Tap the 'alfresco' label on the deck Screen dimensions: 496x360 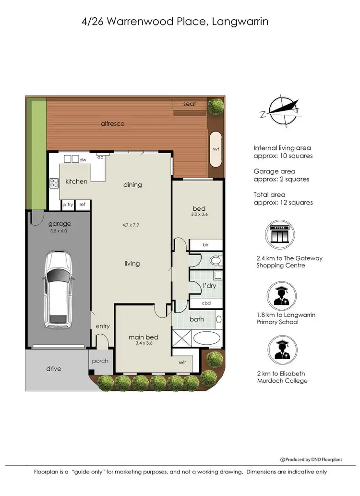click(112, 123)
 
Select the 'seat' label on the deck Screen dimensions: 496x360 click(190, 104)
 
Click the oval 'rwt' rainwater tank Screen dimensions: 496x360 click(216, 149)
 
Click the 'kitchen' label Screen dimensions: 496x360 click(76, 181)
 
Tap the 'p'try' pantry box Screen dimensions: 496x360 click(68, 204)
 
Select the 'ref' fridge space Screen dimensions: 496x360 click(82, 204)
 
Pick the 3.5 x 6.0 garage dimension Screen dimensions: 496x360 click(60, 231)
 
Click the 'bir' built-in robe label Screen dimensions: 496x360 click(205, 245)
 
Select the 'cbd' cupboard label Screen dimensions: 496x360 click(206, 303)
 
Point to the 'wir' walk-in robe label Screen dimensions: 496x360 click(182, 363)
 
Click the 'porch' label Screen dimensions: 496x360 click(100, 361)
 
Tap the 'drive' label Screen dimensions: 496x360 click(54, 369)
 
